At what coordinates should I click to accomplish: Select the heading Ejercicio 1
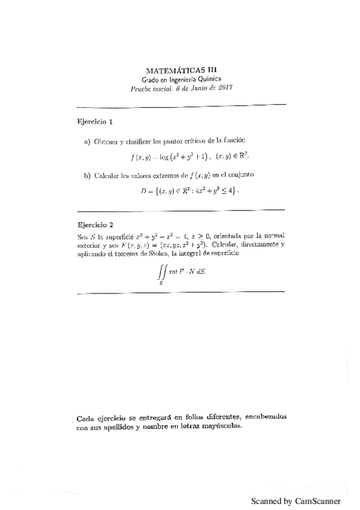96,121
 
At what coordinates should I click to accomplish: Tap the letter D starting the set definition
143,191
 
